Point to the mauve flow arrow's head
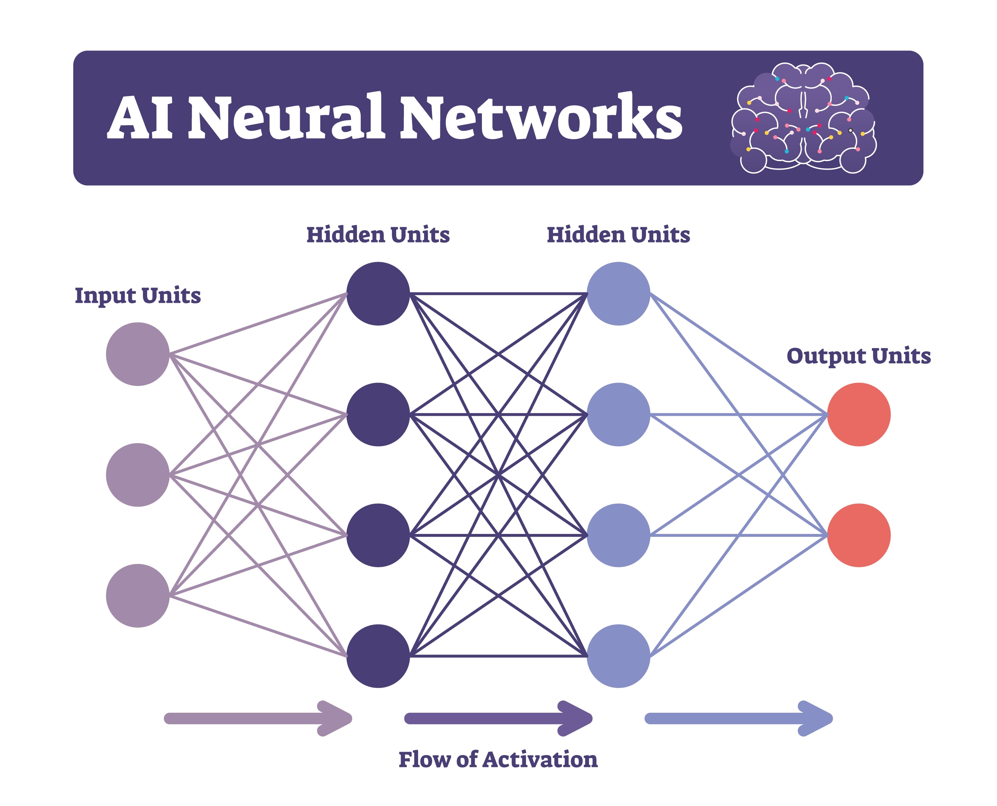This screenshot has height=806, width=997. click(337, 719)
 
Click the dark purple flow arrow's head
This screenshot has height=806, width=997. click(577, 719)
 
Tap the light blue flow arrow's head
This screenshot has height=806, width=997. click(817, 719)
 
